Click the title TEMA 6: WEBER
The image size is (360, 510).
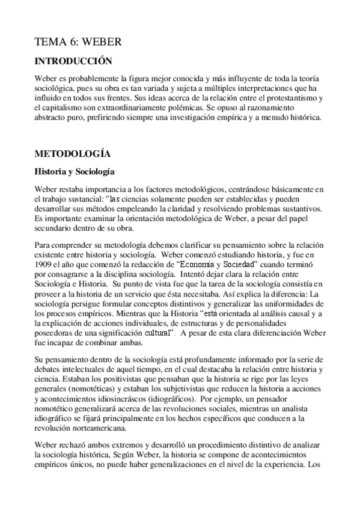tap(78, 41)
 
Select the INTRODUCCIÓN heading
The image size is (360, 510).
tap(73, 61)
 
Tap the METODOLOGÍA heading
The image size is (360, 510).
tap(72, 154)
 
